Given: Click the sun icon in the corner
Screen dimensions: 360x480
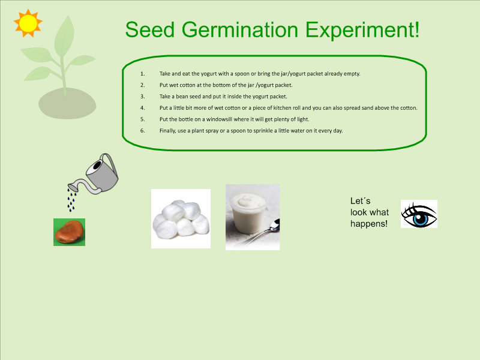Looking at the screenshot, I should pyautogui.click(x=28, y=23).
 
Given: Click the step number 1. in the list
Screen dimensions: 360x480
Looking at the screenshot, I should pyautogui.click(x=143, y=74).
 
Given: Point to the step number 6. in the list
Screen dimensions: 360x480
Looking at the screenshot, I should pyautogui.click(x=143, y=131).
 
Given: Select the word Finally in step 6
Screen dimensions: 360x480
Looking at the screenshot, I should pyautogui.click(x=169, y=131).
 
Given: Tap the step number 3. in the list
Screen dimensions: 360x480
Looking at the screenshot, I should pyautogui.click(x=143, y=97).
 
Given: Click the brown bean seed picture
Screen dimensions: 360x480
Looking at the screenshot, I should pyautogui.click(x=69, y=232).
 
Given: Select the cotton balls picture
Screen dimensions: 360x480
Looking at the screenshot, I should pyautogui.click(x=180, y=218).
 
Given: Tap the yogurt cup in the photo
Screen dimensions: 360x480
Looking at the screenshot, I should pyautogui.click(x=248, y=214).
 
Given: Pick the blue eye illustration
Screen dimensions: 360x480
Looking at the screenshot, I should pyautogui.click(x=419, y=214).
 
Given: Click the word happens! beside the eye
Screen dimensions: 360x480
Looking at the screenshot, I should pyautogui.click(x=369, y=224).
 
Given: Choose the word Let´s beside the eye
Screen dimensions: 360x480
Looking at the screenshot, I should pyautogui.click(x=360, y=201).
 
